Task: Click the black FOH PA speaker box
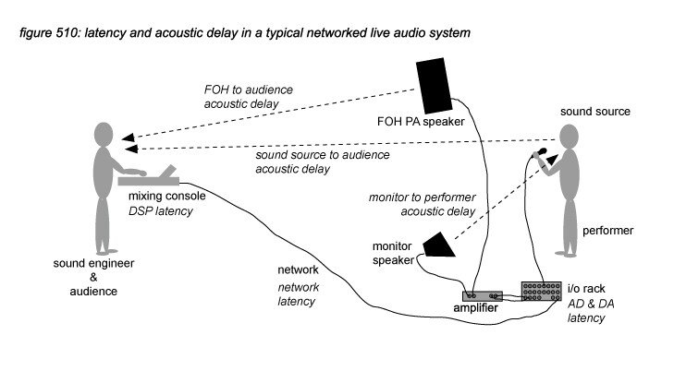(x=434, y=85)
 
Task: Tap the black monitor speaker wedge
(x=439, y=245)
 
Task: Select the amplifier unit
(x=483, y=296)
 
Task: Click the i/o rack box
(x=541, y=292)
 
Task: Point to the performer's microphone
(x=539, y=152)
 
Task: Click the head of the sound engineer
(x=104, y=135)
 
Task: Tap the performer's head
(x=570, y=137)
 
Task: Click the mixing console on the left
(x=149, y=176)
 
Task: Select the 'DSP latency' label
(x=161, y=211)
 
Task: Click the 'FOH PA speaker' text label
(x=421, y=122)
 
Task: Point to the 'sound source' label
(x=594, y=112)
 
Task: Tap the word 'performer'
(x=607, y=231)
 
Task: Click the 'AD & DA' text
(x=591, y=304)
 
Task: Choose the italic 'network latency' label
(x=298, y=294)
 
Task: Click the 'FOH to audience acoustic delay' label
(x=248, y=97)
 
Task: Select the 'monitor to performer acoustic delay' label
(x=423, y=204)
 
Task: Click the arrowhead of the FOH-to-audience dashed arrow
(x=128, y=138)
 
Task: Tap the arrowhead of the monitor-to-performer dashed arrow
(x=552, y=160)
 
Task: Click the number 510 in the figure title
(x=66, y=33)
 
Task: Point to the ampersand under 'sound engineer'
(x=93, y=277)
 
